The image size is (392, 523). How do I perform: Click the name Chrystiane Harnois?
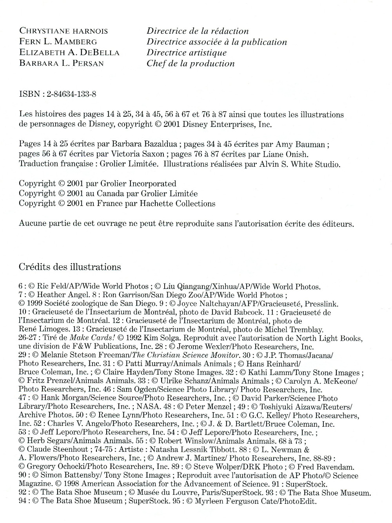[64, 31]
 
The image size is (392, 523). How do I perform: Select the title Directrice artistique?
[187, 53]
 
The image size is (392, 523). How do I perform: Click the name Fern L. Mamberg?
[58, 42]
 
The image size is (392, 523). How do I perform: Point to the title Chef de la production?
[191, 63]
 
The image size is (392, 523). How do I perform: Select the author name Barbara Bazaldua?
[146, 144]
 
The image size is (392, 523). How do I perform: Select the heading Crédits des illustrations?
[70, 267]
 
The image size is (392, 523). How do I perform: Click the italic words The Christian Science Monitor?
[185, 355]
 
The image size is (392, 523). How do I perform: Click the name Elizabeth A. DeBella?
[69, 53]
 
